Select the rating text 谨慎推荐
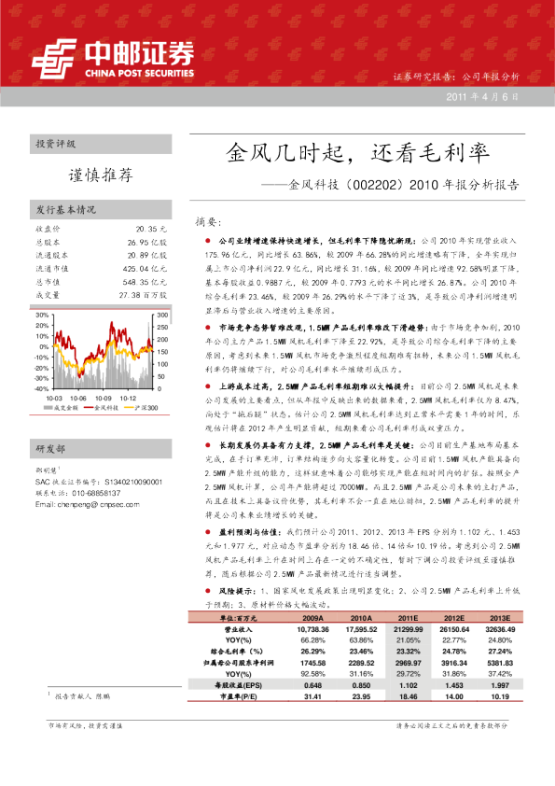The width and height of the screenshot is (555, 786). pyautogui.click(x=101, y=175)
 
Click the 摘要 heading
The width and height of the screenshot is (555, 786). pyautogui.click(x=207, y=223)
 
